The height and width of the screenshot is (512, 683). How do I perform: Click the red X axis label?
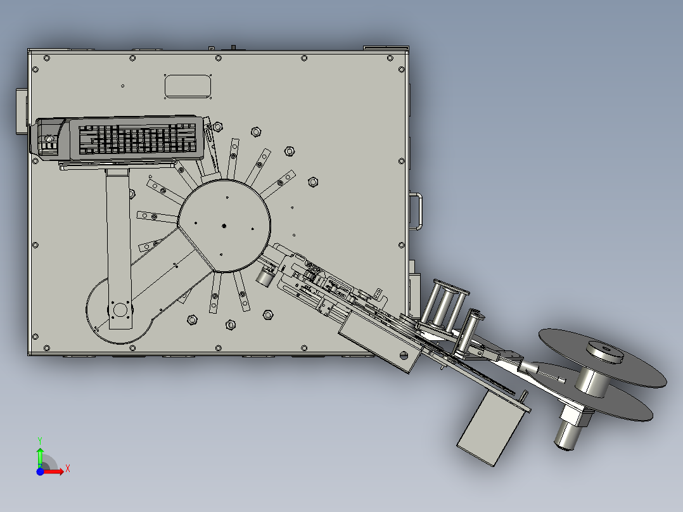tap(68, 469)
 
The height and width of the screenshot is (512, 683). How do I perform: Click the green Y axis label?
tap(40, 441)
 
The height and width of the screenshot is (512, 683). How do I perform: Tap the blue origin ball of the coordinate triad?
tap(40, 471)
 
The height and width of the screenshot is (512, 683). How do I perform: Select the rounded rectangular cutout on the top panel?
tap(188, 86)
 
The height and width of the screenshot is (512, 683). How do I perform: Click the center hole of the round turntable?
tap(224, 226)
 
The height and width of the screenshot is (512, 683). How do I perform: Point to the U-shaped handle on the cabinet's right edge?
tap(416, 212)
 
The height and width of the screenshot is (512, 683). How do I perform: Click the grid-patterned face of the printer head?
tap(137, 139)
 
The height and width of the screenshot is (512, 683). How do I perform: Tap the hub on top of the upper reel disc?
tap(605, 351)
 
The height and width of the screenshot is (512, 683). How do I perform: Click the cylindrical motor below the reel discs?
tap(568, 435)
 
